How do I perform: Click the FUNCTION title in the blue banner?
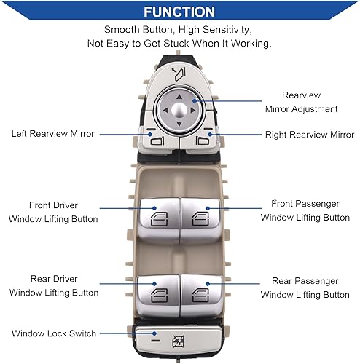tap(179, 12)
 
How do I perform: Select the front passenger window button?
tap(200, 215)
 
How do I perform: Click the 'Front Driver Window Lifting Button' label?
tap(54, 212)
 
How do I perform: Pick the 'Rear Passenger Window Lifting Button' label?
tap(305, 288)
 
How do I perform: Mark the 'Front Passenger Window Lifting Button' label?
tap(305, 210)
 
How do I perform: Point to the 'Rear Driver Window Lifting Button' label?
tap(54, 285)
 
